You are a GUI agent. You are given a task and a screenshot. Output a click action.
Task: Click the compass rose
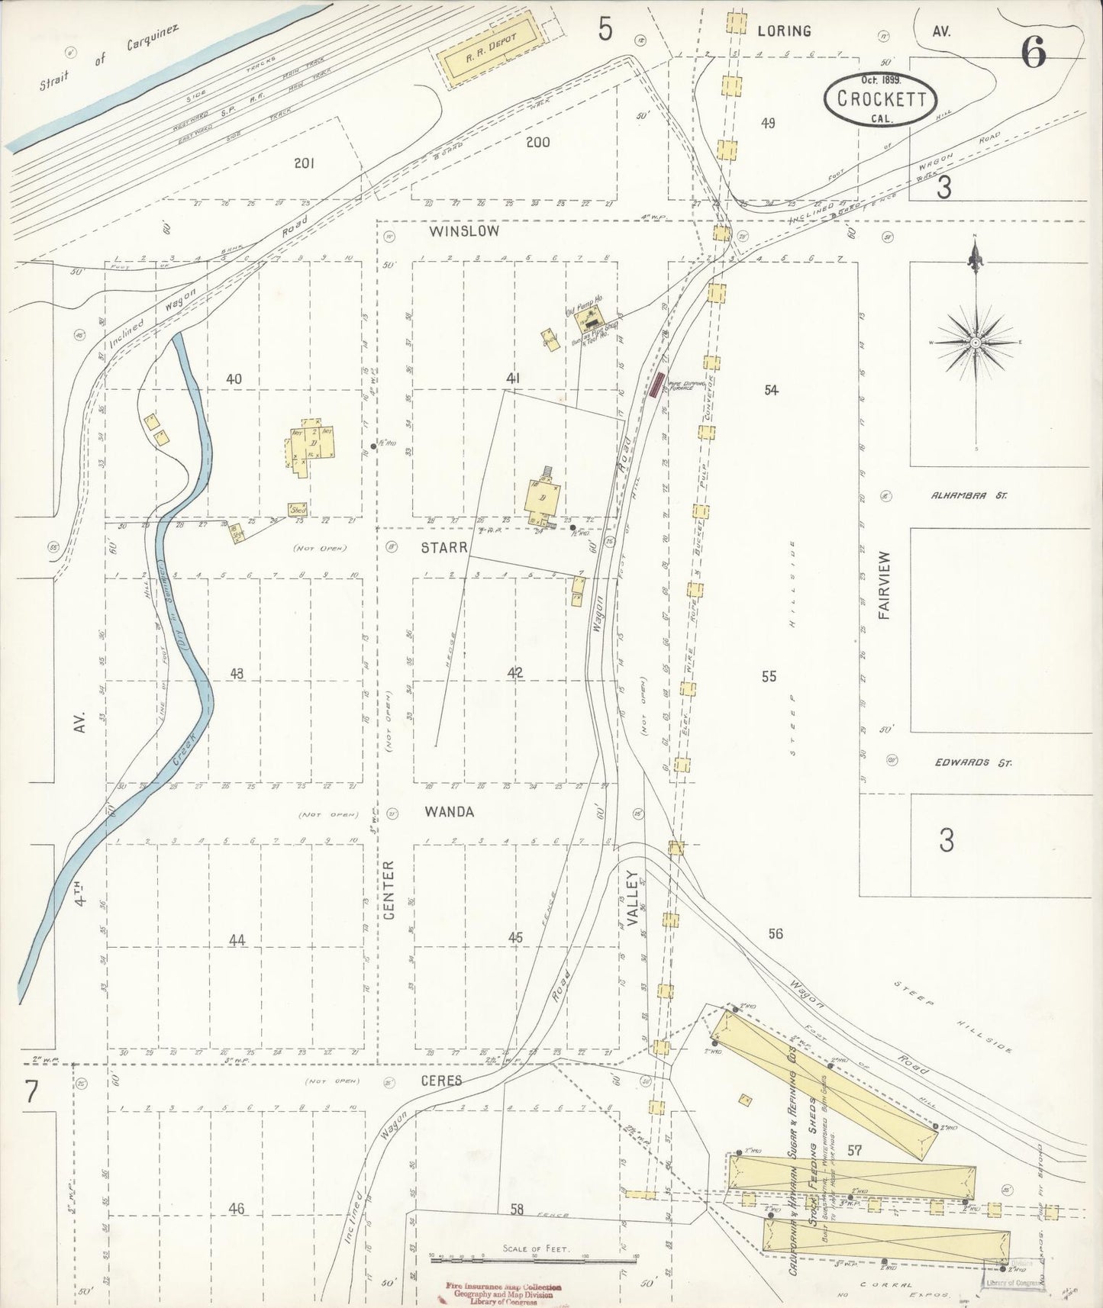pos(975,343)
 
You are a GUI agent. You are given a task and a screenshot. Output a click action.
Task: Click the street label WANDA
pos(450,812)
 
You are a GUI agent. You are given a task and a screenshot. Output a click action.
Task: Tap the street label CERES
pos(440,1081)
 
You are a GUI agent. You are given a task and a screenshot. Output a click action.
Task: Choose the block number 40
pos(234,379)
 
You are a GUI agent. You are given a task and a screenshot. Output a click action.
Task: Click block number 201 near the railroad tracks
pos(305,163)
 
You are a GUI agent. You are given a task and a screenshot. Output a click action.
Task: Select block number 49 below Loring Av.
pos(768,123)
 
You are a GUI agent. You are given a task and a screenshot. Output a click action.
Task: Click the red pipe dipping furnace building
pos(656,384)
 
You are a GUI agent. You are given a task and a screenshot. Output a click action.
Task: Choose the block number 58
pos(518,1209)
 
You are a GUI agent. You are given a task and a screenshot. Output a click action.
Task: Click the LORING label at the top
pos(784,31)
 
